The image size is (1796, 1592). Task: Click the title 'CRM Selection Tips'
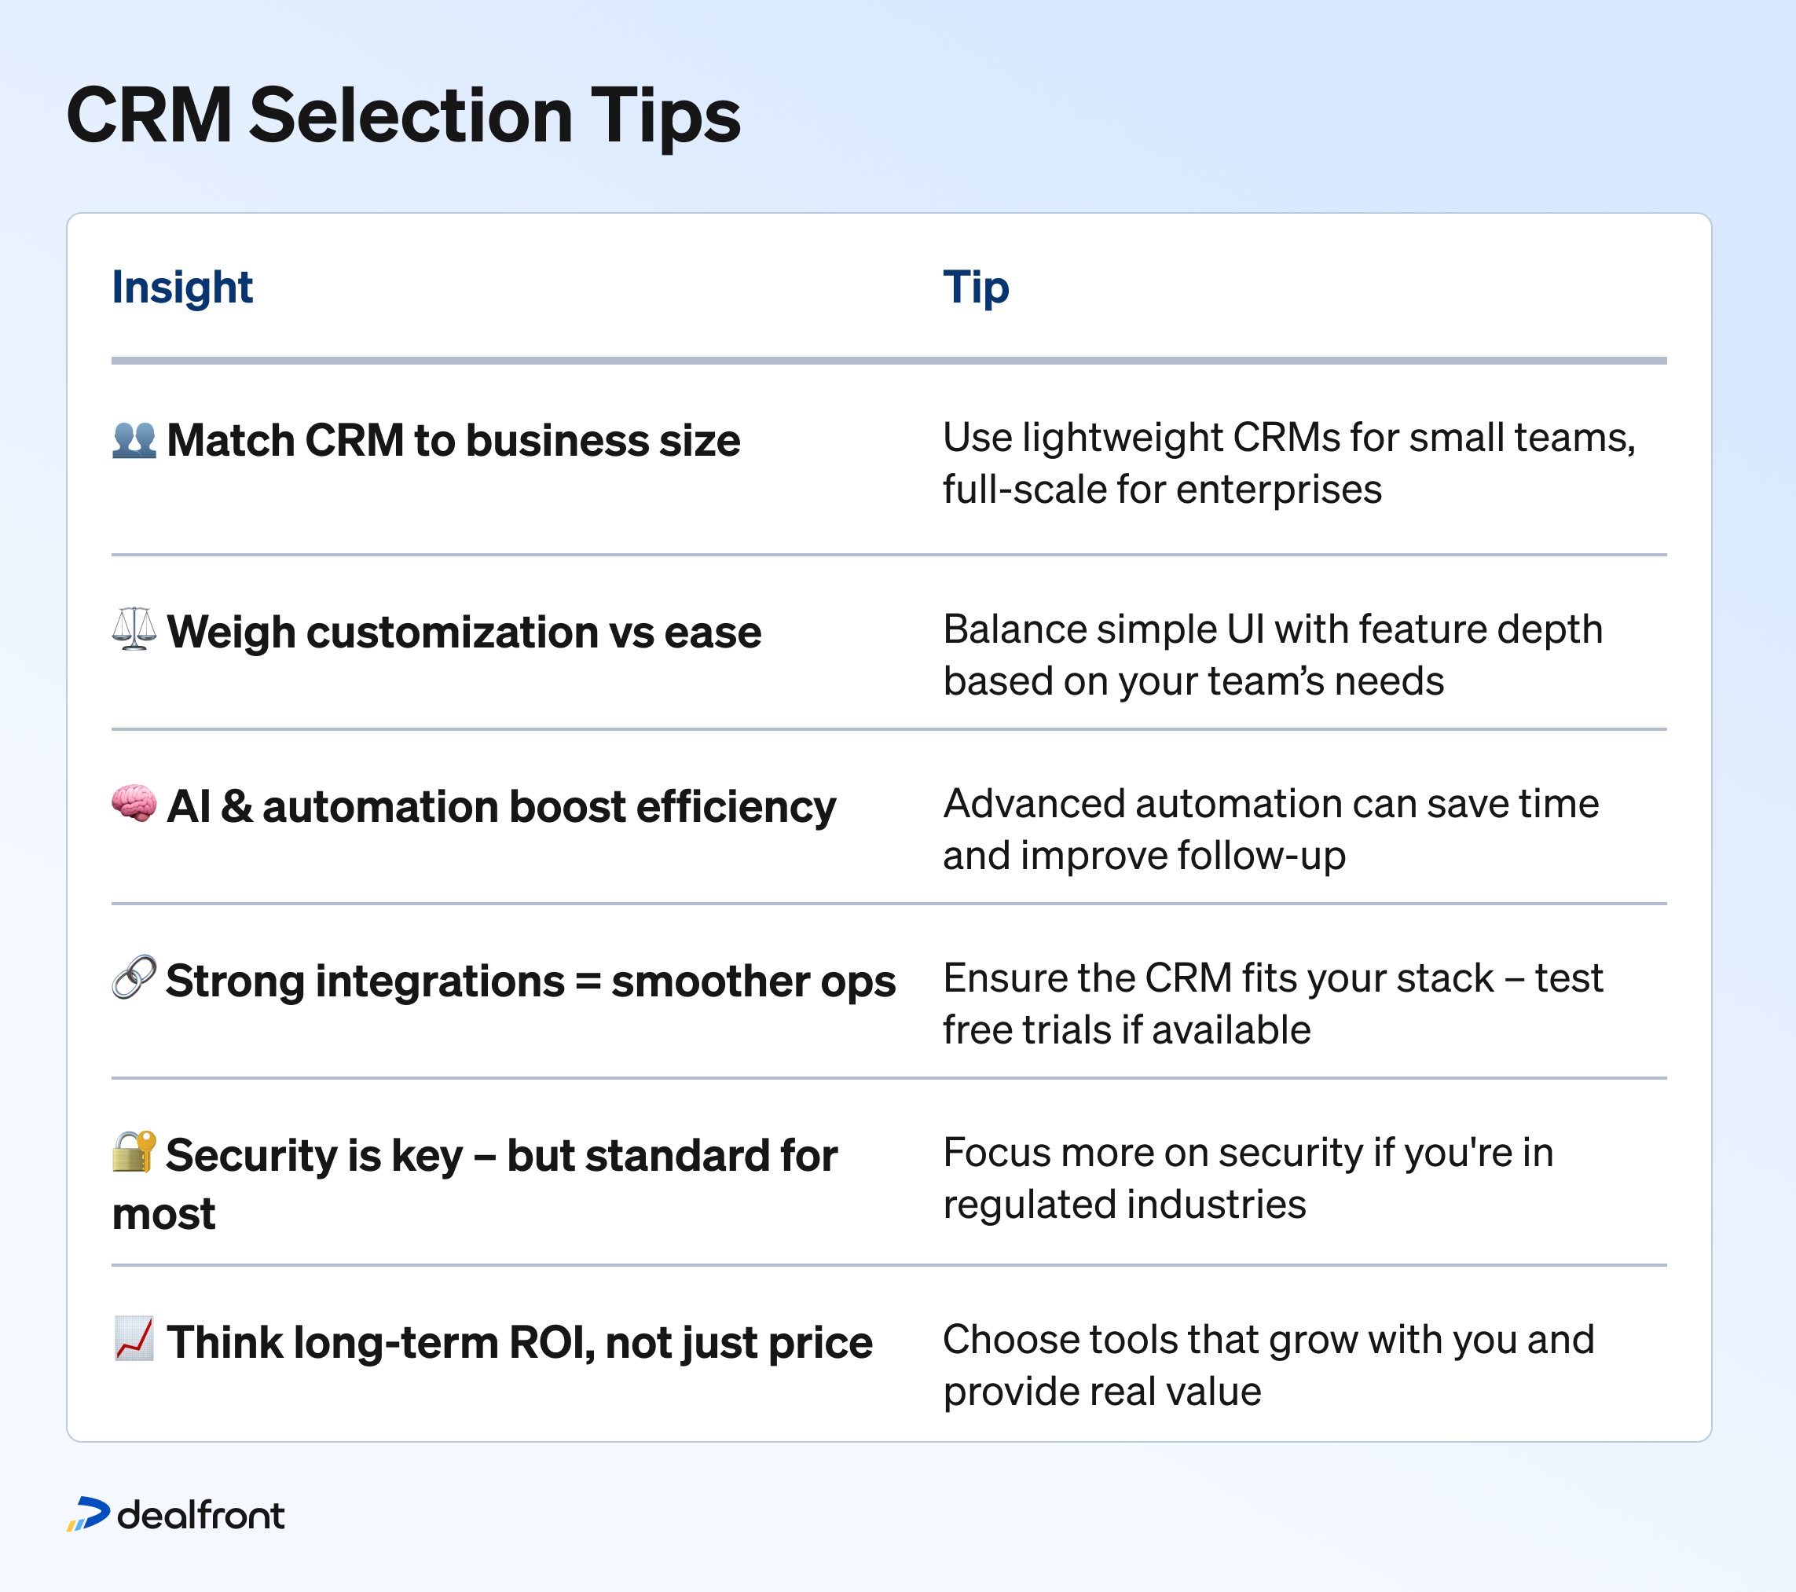click(403, 117)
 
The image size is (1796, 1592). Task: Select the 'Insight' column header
click(182, 288)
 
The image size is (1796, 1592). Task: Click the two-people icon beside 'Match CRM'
click(134, 439)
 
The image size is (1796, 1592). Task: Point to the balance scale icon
click(134, 629)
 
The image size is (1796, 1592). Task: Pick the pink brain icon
click(134, 803)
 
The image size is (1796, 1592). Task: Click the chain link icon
click(134, 976)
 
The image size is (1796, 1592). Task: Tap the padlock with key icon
click(134, 1151)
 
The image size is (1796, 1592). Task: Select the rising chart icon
click(134, 1338)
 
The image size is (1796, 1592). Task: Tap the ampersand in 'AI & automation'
click(236, 806)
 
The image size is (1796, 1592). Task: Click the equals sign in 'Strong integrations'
click(588, 982)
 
